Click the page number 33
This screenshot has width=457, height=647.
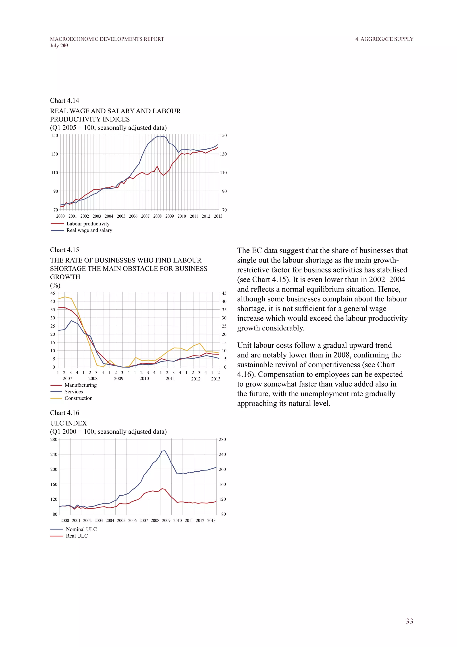click(x=409, y=621)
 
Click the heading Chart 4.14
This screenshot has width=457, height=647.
click(x=64, y=101)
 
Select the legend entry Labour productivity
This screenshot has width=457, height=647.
click(x=88, y=224)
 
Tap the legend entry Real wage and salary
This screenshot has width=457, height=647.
click(x=89, y=230)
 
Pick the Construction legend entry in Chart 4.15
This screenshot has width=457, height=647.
click(x=78, y=398)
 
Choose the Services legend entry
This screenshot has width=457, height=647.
click(x=74, y=392)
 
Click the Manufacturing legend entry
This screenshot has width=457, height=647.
click(x=81, y=385)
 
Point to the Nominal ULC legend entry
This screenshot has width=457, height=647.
click(x=81, y=529)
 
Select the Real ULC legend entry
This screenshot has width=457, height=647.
click(x=77, y=536)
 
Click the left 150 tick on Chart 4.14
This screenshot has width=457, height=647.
click(x=55, y=136)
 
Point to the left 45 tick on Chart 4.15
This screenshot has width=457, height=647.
click(x=53, y=293)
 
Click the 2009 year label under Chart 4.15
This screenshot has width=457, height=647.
click(x=119, y=378)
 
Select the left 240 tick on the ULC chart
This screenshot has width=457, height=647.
click(x=54, y=454)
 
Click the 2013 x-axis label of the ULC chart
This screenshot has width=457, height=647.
click(x=211, y=521)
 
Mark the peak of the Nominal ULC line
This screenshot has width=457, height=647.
click(x=165, y=451)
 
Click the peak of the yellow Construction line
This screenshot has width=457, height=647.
click(x=65, y=297)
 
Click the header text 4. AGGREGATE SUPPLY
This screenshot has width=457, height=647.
click(x=384, y=39)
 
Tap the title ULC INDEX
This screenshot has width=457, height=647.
click(x=68, y=423)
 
